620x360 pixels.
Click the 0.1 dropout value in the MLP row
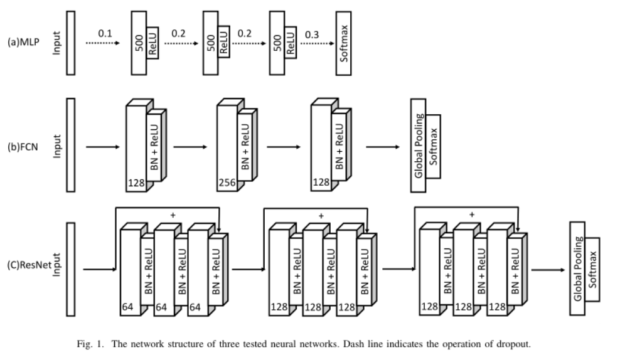(104, 33)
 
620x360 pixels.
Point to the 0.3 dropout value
(312, 33)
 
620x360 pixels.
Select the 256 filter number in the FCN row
(227, 182)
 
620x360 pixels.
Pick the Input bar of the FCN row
(70, 144)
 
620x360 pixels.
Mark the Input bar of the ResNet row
(70, 269)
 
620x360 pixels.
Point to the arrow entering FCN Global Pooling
(383, 147)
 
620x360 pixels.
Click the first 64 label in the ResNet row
(128, 307)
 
